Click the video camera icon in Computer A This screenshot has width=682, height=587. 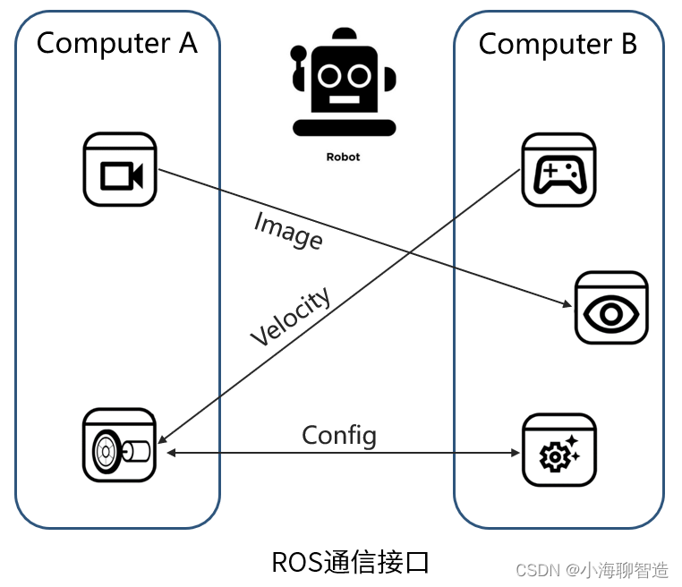(x=119, y=169)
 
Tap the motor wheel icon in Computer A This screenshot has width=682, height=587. (x=119, y=445)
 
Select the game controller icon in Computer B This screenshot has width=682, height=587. (x=559, y=170)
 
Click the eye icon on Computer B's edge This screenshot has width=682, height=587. (x=611, y=309)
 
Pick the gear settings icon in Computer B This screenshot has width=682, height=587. (x=559, y=450)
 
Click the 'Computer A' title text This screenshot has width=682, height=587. (x=116, y=43)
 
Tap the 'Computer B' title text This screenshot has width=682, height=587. (x=558, y=44)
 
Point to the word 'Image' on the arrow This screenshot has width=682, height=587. (x=288, y=230)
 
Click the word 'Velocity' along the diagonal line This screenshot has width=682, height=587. (x=290, y=317)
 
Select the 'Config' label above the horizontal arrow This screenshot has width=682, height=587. (x=339, y=436)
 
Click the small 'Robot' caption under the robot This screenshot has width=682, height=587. (x=343, y=157)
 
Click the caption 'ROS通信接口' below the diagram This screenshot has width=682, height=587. (x=351, y=563)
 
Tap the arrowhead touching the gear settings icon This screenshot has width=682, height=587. (x=516, y=454)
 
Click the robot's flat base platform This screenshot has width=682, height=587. (x=344, y=128)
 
